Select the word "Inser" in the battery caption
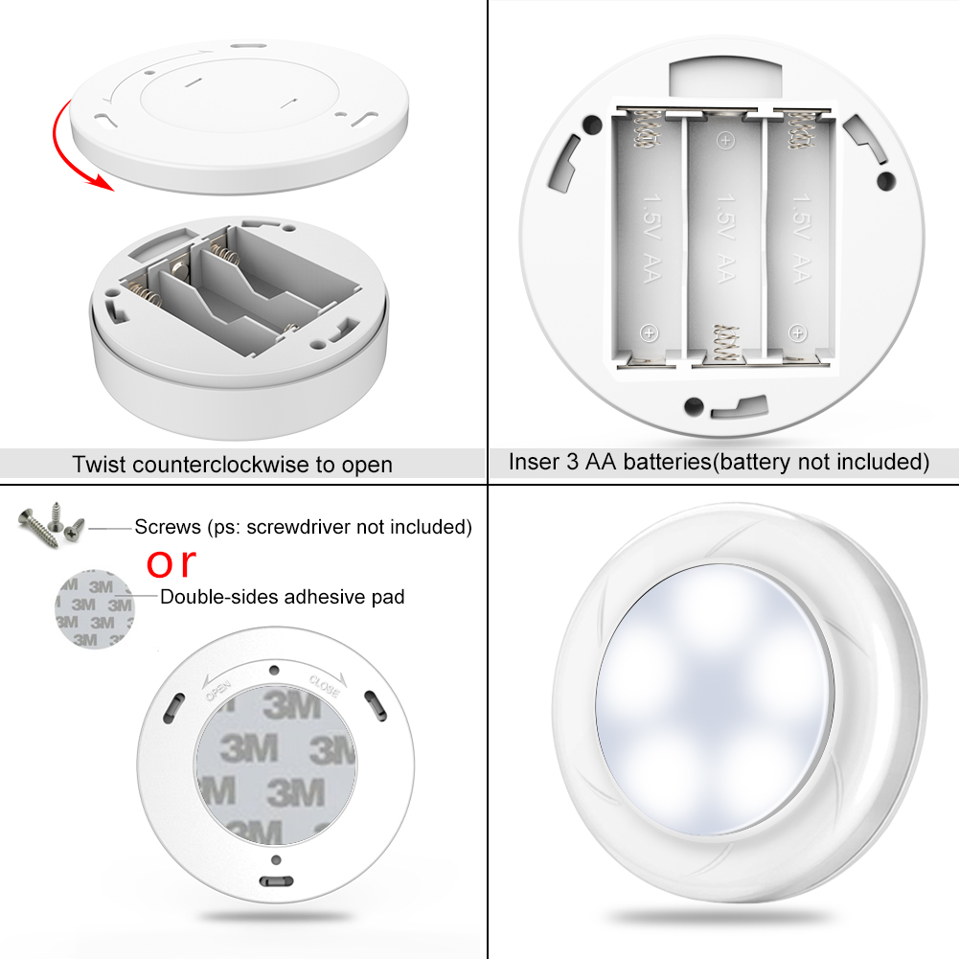pyautogui.click(x=534, y=462)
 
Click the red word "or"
pyautogui.click(x=171, y=562)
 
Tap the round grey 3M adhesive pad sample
pyautogui.click(x=94, y=609)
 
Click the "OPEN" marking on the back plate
pyautogui.click(x=217, y=690)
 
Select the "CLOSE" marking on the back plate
pyautogui.click(x=324, y=686)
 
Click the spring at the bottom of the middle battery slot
pyautogui.click(x=726, y=344)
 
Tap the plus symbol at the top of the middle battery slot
pyautogui.click(x=725, y=141)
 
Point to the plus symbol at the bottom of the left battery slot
pyautogui.click(x=649, y=333)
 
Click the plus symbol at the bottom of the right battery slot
pyautogui.click(x=797, y=333)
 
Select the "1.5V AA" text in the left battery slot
pyautogui.click(x=652, y=239)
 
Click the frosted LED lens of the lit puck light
pyautogui.click(x=716, y=699)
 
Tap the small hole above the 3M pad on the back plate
pyautogui.click(x=274, y=671)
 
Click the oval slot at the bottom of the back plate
pyautogui.click(x=277, y=881)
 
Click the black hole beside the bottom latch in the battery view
pyautogui.click(x=694, y=406)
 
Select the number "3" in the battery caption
pyautogui.click(x=572, y=462)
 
